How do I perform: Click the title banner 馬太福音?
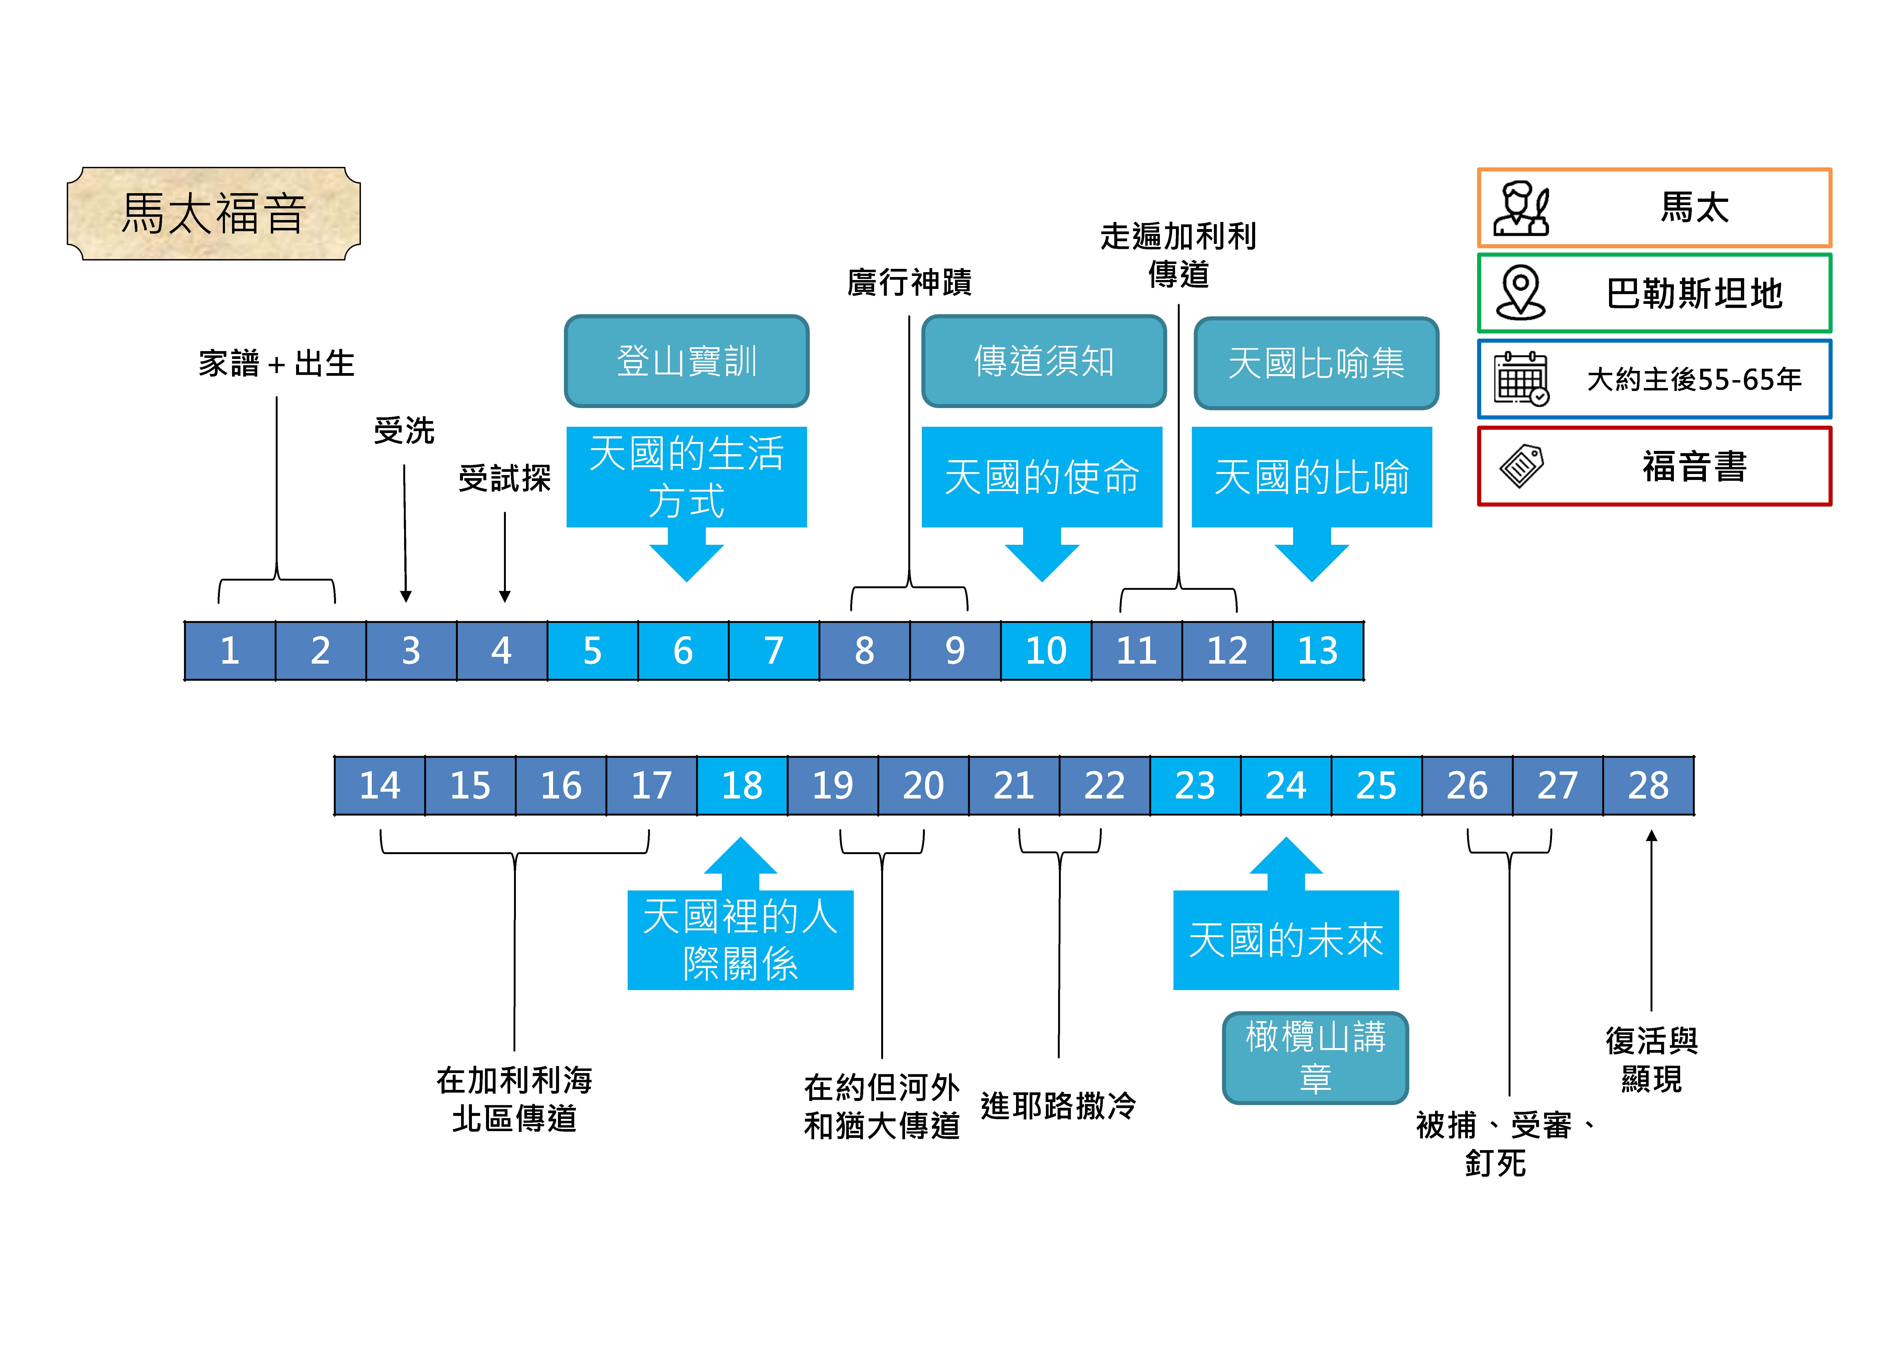[x=214, y=213]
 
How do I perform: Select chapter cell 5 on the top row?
[x=592, y=651]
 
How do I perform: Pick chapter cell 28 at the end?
[x=1648, y=785]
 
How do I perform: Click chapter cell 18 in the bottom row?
[x=741, y=785]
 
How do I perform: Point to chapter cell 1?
[x=230, y=651]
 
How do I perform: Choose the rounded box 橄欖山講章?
[x=1315, y=1057]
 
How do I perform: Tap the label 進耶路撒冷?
[x=1058, y=1106]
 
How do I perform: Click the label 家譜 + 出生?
[x=276, y=363]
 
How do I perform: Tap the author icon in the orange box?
[x=1521, y=208]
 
